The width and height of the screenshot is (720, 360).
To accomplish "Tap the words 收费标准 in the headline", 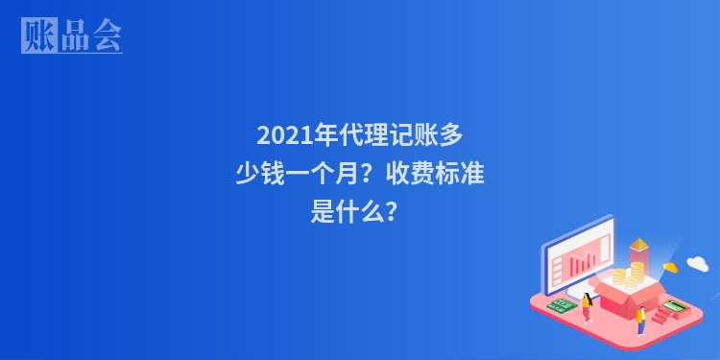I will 443,175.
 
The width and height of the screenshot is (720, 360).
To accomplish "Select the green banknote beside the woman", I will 562,306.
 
